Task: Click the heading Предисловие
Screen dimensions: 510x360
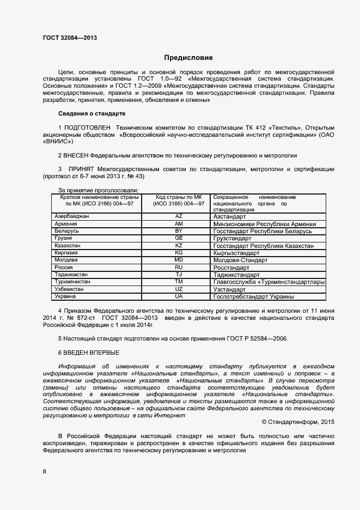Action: (188, 58)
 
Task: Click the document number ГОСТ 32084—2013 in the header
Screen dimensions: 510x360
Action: (70, 38)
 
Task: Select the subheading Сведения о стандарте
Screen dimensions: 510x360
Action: (91, 113)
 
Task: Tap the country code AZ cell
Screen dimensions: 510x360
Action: (179, 216)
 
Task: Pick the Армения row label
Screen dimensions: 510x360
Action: (66, 224)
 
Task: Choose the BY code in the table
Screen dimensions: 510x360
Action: (179, 231)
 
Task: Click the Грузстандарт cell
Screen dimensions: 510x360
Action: (233, 239)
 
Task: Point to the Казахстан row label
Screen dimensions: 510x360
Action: (68, 246)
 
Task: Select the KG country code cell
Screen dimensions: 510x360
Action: (179, 253)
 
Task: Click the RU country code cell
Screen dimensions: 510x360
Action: (179, 268)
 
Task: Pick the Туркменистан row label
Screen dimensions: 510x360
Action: (72, 282)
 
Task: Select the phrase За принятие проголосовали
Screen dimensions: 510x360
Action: (98, 190)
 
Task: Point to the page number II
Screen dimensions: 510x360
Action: (45, 470)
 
